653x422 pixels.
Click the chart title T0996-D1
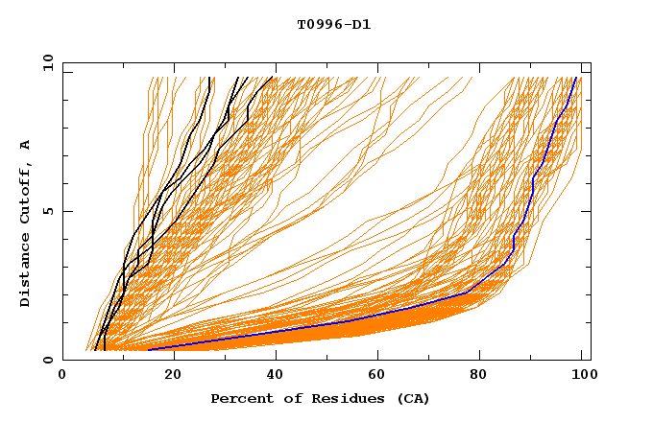point(333,25)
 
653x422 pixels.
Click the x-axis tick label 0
point(62,377)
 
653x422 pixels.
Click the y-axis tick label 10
point(47,62)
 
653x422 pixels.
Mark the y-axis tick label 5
point(51,211)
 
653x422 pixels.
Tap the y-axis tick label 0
point(51,360)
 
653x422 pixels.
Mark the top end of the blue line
point(576,78)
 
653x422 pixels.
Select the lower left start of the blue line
point(149,349)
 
